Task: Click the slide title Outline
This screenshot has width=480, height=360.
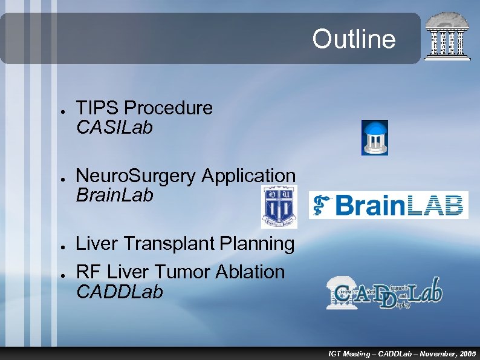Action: coord(354,39)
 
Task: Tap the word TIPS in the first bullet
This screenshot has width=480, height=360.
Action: coord(97,108)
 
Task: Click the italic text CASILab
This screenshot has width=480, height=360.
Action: coord(114,128)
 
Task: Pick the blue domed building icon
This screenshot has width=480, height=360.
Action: coord(374,137)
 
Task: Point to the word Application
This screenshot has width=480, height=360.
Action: coord(248,176)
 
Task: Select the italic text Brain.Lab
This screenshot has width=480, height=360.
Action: coord(114,195)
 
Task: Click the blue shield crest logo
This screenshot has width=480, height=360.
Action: coord(279,206)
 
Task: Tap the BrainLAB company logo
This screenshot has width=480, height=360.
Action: coord(388,205)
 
